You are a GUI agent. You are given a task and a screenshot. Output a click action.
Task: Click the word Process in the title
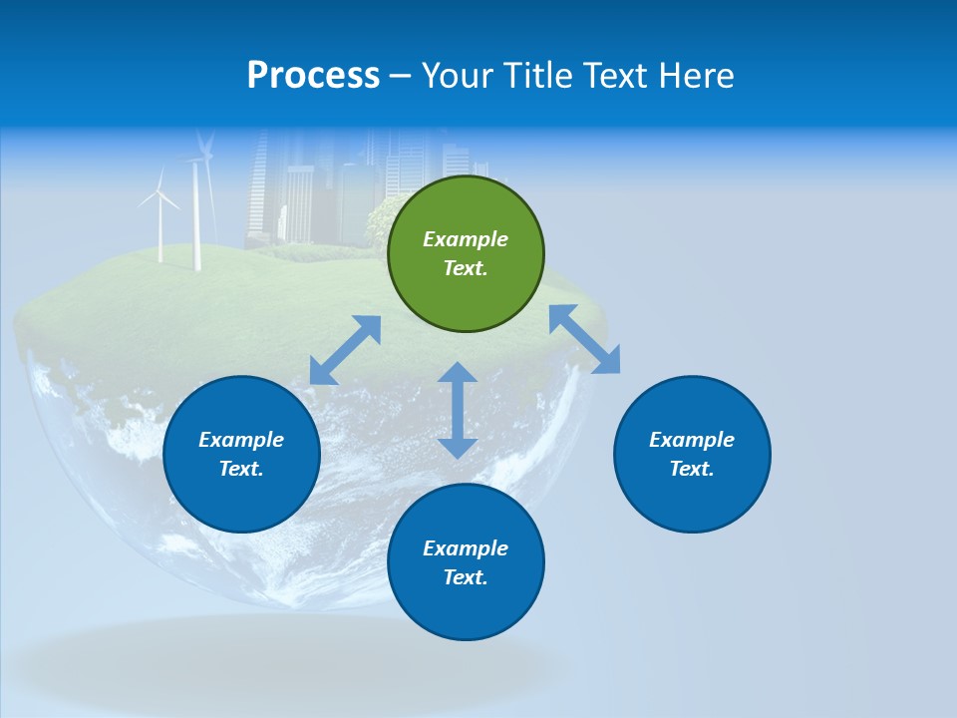pos(313,76)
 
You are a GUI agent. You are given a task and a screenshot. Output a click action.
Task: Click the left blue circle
pos(241,454)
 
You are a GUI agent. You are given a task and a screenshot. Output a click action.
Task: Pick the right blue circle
pos(692,454)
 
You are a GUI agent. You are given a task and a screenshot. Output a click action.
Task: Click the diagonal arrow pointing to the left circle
pos(345,350)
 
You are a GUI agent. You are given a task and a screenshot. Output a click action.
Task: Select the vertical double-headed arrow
pos(458,410)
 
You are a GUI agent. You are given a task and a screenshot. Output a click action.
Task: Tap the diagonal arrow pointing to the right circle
pos(585,339)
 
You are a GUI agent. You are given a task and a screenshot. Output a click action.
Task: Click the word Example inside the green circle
pos(466,239)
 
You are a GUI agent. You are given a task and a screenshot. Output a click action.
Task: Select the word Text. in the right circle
pos(692,469)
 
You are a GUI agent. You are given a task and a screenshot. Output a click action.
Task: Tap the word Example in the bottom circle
pos(466,548)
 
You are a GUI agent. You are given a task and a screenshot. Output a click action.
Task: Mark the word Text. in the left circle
pos(241,469)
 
